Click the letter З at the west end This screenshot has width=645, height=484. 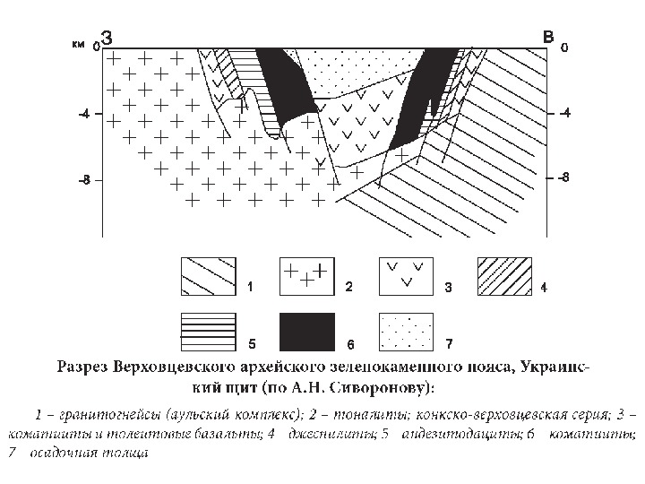point(107,38)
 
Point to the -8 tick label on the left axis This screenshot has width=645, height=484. point(83,180)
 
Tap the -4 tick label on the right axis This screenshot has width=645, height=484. point(563,115)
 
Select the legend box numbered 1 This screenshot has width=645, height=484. point(209,277)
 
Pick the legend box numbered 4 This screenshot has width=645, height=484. point(504,277)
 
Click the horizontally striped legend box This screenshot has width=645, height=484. point(209,332)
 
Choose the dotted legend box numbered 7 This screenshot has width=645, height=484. point(406,332)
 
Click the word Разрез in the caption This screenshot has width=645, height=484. point(86,367)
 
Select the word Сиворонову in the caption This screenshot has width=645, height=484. point(382,388)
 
